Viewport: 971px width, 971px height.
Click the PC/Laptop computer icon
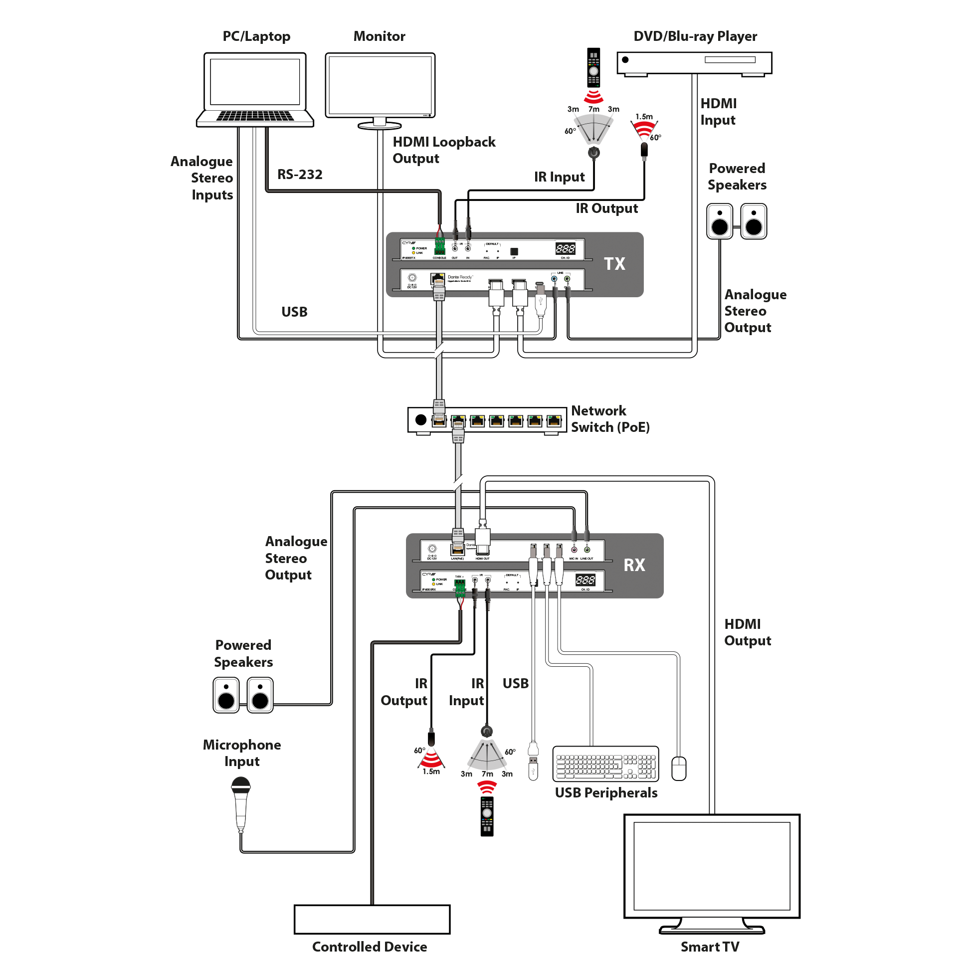tap(255, 88)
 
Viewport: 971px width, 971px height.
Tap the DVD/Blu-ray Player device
tap(694, 63)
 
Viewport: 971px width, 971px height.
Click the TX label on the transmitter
tap(614, 264)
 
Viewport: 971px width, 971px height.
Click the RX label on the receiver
tap(634, 565)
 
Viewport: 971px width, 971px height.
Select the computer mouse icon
tap(678, 768)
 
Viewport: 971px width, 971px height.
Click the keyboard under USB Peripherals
tap(605, 764)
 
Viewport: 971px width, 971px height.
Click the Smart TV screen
tap(712, 865)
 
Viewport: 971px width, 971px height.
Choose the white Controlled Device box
tap(372, 919)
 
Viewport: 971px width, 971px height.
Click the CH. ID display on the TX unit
tap(565, 248)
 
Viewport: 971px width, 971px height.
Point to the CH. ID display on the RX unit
tap(585, 580)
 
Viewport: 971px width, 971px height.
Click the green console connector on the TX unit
tap(440, 247)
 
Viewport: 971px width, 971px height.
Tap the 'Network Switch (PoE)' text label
tap(610, 419)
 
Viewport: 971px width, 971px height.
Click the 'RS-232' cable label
tap(300, 175)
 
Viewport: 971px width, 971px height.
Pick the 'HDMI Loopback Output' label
tap(444, 150)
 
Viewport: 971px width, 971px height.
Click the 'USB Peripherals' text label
tap(606, 792)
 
